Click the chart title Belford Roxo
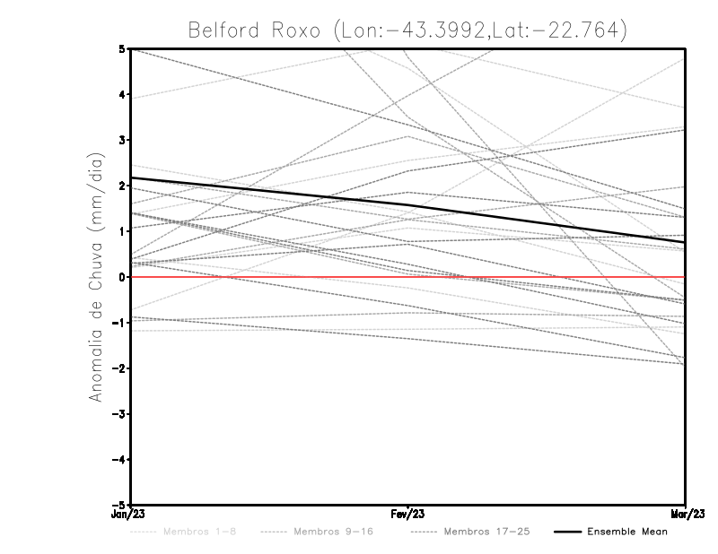pyautogui.click(x=407, y=30)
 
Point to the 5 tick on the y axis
pyautogui.click(x=121, y=48)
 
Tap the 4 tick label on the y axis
pyautogui.click(x=121, y=94)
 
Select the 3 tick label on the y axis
pyautogui.click(x=121, y=140)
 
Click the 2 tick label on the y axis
pyautogui.click(x=121, y=186)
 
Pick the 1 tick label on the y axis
pyautogui.click(x=121, y=231)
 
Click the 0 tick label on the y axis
pyautogui.click(x=121, y=277)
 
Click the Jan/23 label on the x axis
pyautogui.click(x=131, y=515)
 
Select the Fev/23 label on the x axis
pyautogui.click(x=408, y=515)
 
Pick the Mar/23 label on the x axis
pyautogui.click(x=685, y=515)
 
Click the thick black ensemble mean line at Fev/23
pyautogui.click(x=408, y=205)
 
